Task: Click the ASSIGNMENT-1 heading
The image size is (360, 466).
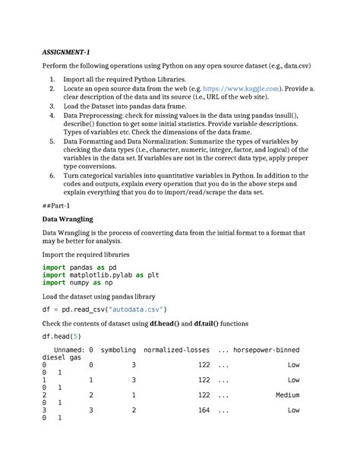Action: pos(67,52)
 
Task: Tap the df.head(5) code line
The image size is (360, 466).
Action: pos(62,336)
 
